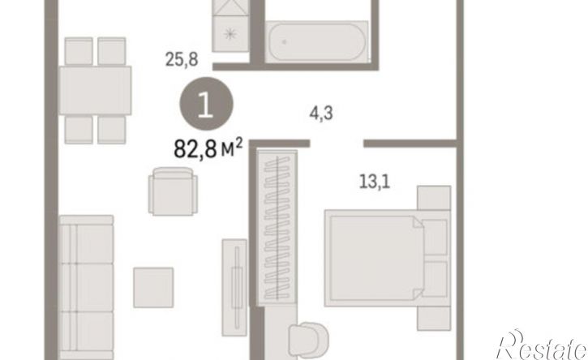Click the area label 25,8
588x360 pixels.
point(182,60)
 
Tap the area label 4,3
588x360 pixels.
point(321,113)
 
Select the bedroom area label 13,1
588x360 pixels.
point(375,182)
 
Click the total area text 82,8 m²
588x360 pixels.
point(208,148)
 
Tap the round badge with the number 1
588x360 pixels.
point(206,104)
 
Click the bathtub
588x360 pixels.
point(315,42)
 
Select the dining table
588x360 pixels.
point(95,90)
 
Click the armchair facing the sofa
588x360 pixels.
point(173,191)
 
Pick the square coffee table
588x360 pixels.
point(153,287)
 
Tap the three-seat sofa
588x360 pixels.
point(86,287)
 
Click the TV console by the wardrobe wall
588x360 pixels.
point(234,287)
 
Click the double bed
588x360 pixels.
point(388,258)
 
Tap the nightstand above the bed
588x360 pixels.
point(434,198)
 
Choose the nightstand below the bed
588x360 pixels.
point(434,319)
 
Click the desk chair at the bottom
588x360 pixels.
point(308,341)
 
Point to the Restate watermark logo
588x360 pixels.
point(543,345)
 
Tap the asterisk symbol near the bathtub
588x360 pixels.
point(230,35)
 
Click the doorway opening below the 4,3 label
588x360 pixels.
point(337,144)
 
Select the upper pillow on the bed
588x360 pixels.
point(435,237)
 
